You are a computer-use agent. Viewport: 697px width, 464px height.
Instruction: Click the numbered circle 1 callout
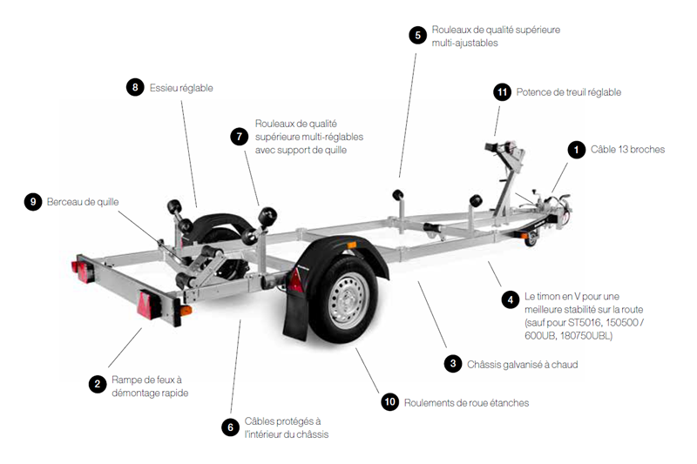tap(576, 150)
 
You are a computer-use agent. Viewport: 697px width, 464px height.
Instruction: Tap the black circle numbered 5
tap(417, 35)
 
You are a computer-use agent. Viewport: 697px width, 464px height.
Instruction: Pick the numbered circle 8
tap(134, 87)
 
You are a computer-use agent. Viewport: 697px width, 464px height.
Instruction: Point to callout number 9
tap(32, 202)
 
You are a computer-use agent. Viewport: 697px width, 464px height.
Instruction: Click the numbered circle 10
tap(389, 401)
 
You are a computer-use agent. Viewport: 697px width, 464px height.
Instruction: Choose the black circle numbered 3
tap(452, 364)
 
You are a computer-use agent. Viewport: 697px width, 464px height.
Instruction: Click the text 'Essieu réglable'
tap(181, 88)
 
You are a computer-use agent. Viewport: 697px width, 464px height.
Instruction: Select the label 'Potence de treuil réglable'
tap(568, 92)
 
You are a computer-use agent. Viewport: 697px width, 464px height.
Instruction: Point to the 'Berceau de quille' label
tap(83, 202)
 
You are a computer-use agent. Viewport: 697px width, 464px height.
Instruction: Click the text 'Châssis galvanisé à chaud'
tap(522, 365)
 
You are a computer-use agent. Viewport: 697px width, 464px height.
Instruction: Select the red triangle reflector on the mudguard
tap(295, 280)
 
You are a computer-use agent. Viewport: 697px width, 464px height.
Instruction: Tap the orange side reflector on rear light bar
tap(184, 311)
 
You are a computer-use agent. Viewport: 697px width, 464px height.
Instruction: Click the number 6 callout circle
tap(230, 427)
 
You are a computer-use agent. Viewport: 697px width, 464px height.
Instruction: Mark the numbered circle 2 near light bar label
tap(97, 384)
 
